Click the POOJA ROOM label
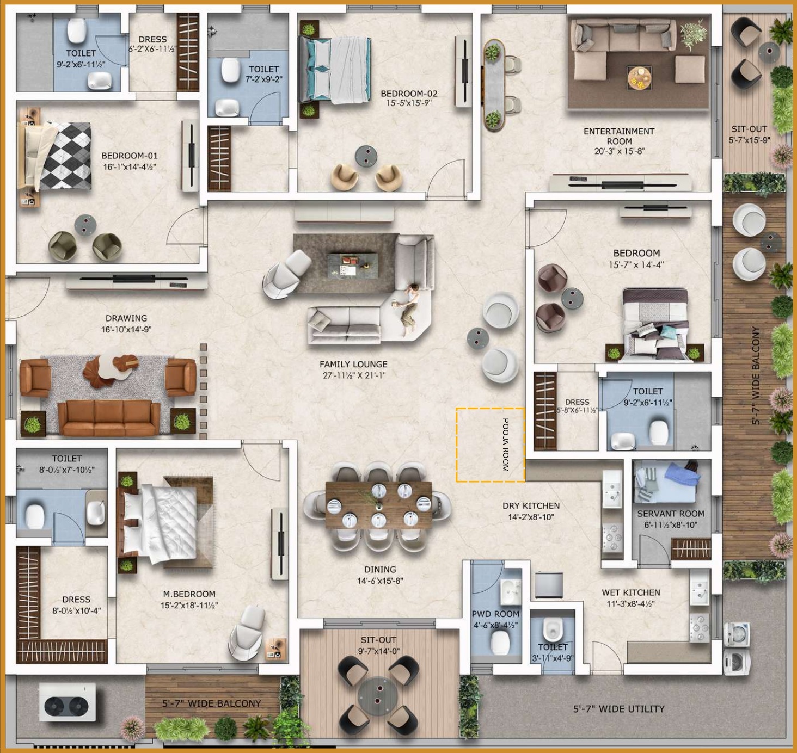tap(505, 445)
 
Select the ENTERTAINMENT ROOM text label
tap(619, 136)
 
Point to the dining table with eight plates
tap(379, 505)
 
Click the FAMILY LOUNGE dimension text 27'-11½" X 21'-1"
tap(354, 375)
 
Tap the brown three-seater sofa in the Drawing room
tap(109, 418)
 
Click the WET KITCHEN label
tap(631, 592)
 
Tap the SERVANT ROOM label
tap(671, 514)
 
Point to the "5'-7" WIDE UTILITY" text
tap(618, 709)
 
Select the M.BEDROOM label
tap(189, 594)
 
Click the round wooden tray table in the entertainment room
tap(640, 77)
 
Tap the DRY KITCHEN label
tap(531, 506)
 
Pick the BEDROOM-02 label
tap(409, 94)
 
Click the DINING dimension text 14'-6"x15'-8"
tap(380, 581)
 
